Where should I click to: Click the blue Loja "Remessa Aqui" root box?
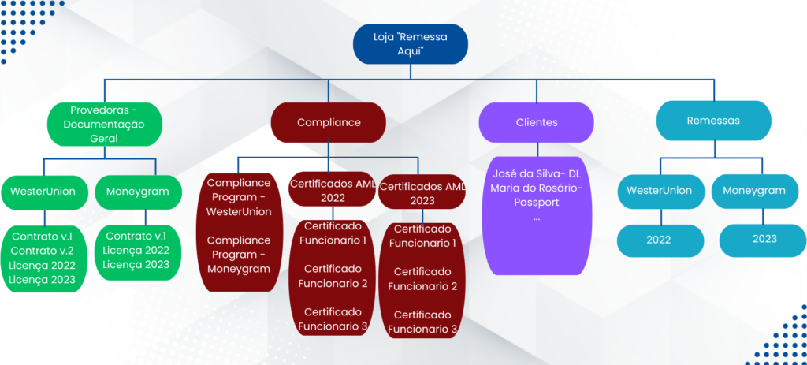coord(410,44)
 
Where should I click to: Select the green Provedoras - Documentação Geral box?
coord(105,124)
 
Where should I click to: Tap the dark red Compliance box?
coord(329,122)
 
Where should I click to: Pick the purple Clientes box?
coord(536,122)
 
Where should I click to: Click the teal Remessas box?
coord(713,121)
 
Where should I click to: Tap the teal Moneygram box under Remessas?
coord(754,191)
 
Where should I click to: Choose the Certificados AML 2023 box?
coord(422,192)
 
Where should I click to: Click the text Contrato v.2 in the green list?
coord(43,251)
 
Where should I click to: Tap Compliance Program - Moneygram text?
coord(238,255)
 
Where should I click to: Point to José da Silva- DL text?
coord(536,173)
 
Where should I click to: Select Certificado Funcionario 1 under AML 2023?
coord(422,236)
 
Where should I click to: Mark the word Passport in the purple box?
coord(536,203)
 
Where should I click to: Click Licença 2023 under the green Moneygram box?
coord(136,265)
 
